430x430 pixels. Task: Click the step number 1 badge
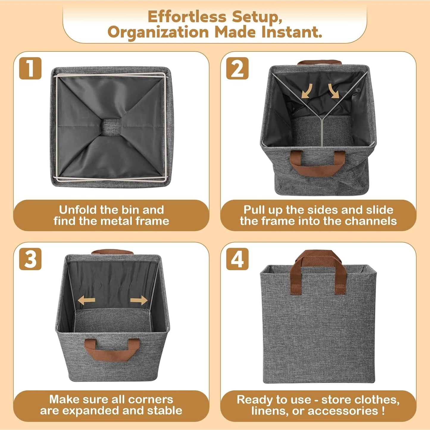coord(30,69)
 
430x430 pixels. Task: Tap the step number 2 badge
coord(237,69)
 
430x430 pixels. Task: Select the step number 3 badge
coord(30,259)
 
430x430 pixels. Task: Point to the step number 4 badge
coord(237,259)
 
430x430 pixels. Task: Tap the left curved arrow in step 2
coord(307,91)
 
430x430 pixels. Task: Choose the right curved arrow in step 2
coord(333,91)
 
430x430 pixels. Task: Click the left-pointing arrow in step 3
coord(86,300)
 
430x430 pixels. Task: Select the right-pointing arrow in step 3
coord(139,300)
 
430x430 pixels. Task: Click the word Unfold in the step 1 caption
coord(78,210)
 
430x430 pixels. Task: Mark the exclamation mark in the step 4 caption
coord(383,411)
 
